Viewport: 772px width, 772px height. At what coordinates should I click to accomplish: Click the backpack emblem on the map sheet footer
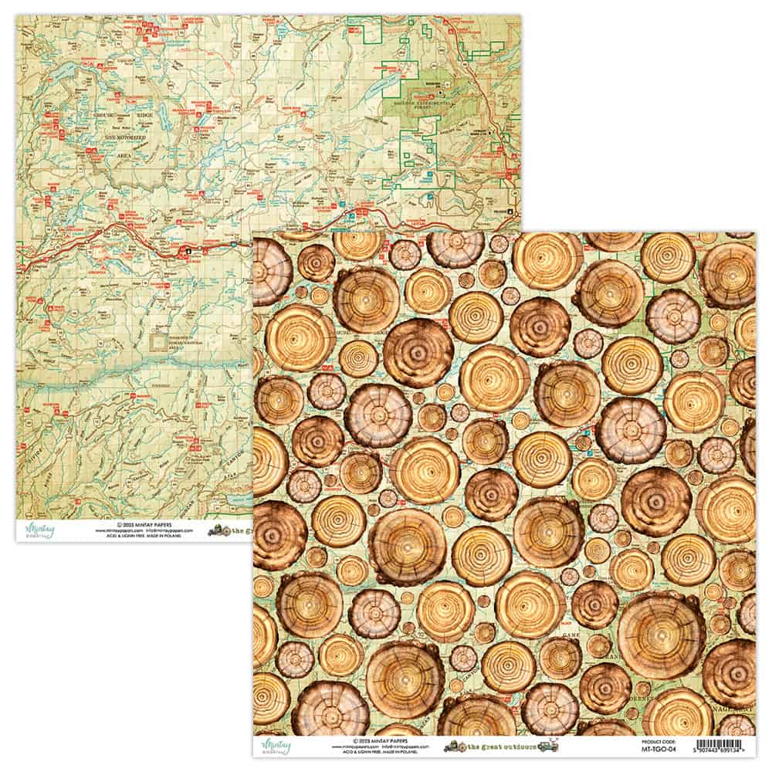tap(218, 531)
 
